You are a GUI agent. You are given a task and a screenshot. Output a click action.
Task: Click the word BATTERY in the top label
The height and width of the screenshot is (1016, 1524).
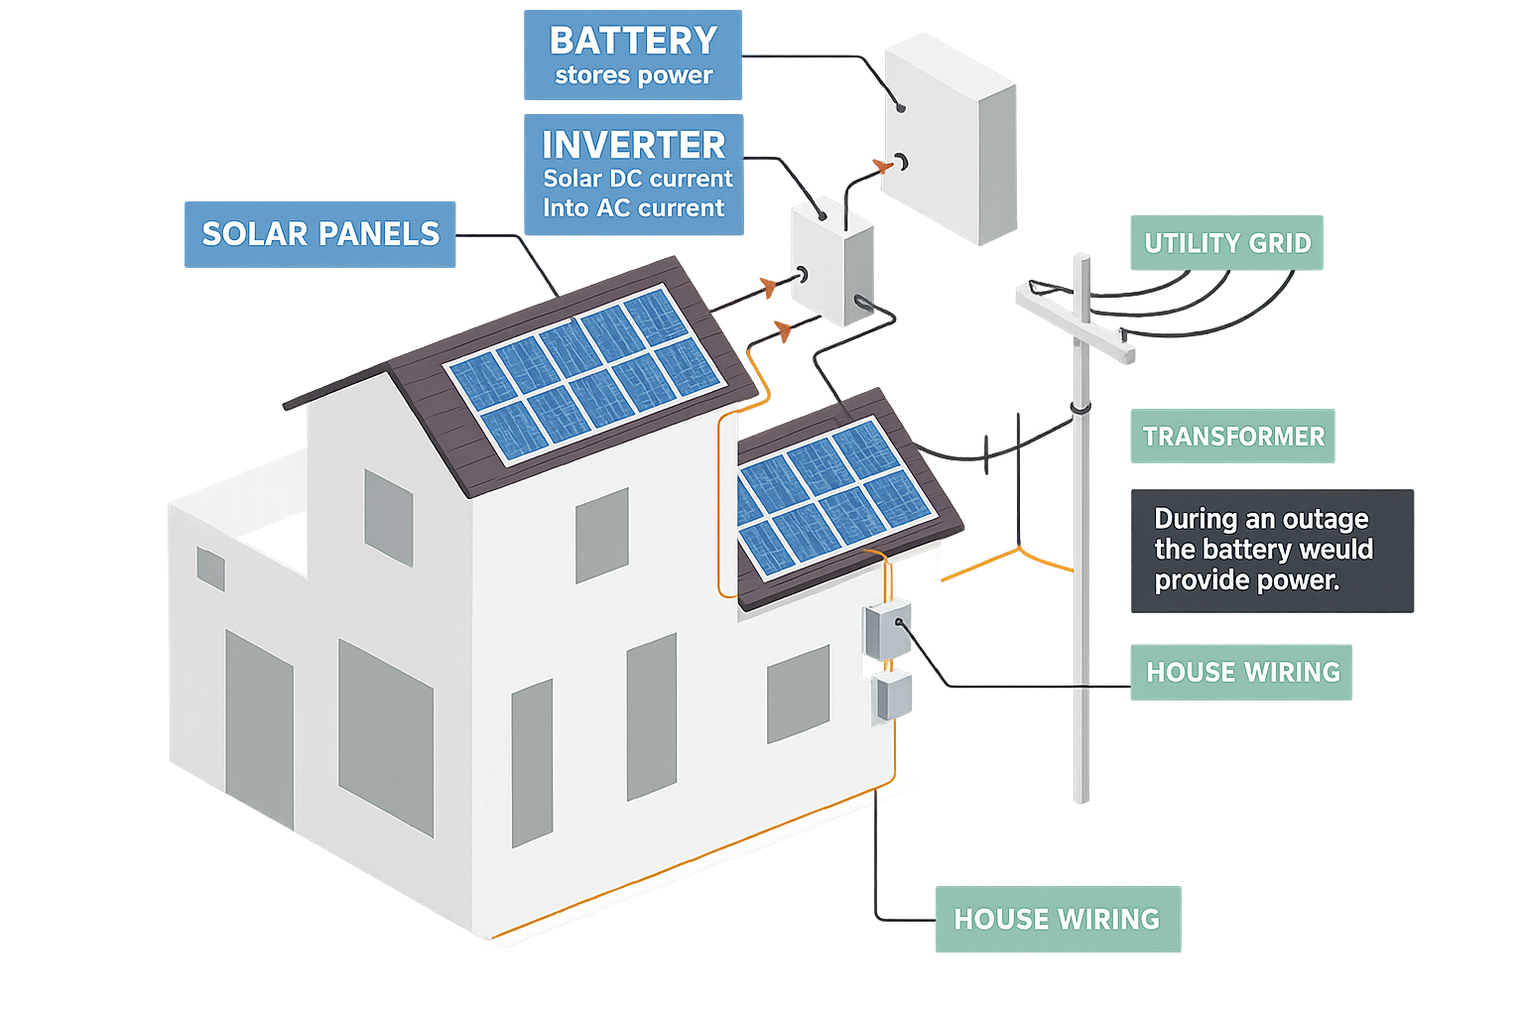tap(633, 41)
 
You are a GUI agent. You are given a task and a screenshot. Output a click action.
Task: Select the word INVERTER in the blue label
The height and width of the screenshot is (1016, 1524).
tap(633, 145)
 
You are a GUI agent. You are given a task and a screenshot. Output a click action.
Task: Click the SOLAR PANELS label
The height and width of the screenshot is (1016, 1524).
tap(319, 234)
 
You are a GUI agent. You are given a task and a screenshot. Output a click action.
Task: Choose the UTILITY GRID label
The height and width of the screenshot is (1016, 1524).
tap(1226, 243)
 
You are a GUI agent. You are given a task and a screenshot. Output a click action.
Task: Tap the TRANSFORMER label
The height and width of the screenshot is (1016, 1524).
tap(1232, 437)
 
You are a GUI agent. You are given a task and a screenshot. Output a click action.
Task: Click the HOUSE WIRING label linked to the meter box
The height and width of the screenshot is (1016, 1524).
tap(1241, 673)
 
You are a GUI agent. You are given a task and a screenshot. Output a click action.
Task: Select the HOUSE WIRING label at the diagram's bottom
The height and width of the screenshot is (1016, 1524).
tap(1058, 919)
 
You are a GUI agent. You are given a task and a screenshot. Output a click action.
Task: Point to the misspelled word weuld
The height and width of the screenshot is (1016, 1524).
tap(1336, 549)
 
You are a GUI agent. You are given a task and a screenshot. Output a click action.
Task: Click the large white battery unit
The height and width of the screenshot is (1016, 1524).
tap(951, 139)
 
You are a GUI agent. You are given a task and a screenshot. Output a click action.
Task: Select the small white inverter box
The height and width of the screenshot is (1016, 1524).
tap(832, 261)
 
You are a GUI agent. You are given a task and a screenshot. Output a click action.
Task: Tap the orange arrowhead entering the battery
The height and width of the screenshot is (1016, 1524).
tap(883, 166)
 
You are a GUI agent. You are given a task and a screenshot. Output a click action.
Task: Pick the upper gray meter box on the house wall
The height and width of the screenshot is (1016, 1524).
tap(887, 629)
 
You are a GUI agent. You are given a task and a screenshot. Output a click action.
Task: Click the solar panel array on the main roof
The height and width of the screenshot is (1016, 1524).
tap(585, 374)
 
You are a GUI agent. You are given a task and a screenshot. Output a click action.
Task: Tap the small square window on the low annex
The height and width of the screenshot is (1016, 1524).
tap(211, 569)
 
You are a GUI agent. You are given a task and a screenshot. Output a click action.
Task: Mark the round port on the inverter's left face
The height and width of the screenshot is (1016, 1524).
tap(802, 275)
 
